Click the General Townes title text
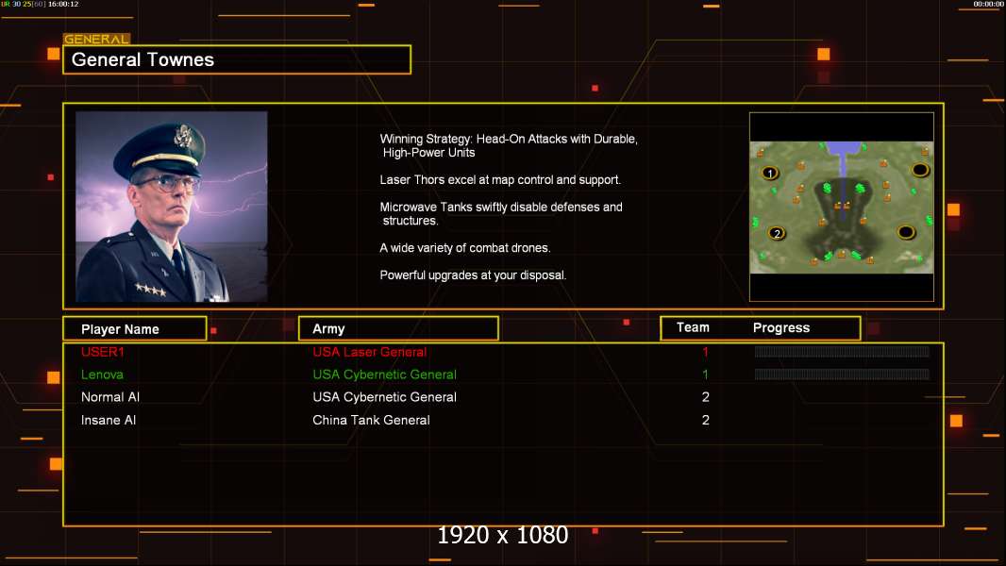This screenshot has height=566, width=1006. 143,59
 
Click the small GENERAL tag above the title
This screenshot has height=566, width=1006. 96,39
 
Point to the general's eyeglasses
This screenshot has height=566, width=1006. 167,184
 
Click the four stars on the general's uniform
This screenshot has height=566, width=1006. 150,289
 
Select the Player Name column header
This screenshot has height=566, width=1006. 120,329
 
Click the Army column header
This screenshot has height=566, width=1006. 328,329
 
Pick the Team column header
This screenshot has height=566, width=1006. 693,327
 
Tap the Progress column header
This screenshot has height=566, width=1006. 780,328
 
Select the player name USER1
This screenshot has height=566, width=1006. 103,352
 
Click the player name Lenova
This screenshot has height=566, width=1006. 102,375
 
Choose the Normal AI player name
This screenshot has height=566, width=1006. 109,397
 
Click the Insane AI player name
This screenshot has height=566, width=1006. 109,421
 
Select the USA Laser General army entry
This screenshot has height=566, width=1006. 370,352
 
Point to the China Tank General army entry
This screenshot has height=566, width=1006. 371,421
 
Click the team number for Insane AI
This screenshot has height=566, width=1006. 706,421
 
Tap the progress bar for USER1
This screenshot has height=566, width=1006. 842,351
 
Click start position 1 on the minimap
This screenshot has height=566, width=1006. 770,173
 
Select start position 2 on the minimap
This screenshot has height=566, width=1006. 777,233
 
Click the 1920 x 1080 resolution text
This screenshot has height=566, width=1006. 503,535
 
